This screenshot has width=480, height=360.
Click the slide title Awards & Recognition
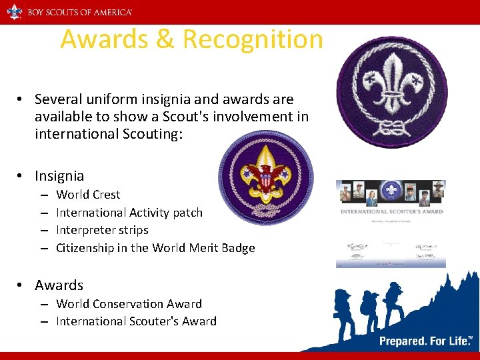click(x=191, y=39)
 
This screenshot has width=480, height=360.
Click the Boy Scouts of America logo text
click(x=79, y=12)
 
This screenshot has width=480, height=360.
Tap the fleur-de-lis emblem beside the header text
click(x=15, y=11)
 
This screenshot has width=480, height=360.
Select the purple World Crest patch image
click(x=391, y=91)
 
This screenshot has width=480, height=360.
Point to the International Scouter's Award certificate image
click(x=391, y=223)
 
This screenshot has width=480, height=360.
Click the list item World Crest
click(x=88, y=195)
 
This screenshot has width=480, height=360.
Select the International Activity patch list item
click(x=129, y=213)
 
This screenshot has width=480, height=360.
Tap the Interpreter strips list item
click(x=102, y=230)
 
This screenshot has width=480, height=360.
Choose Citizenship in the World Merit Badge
click(x=155, y=248)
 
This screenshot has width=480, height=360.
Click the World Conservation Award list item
click(x=129, y=304)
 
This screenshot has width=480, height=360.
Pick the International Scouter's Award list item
click(x=136, y=321)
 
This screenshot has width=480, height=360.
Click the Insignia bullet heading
click(x=59, y=176)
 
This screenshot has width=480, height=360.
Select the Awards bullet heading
click(x=59, y=285)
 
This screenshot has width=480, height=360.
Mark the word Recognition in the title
click(x=253, y=39)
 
